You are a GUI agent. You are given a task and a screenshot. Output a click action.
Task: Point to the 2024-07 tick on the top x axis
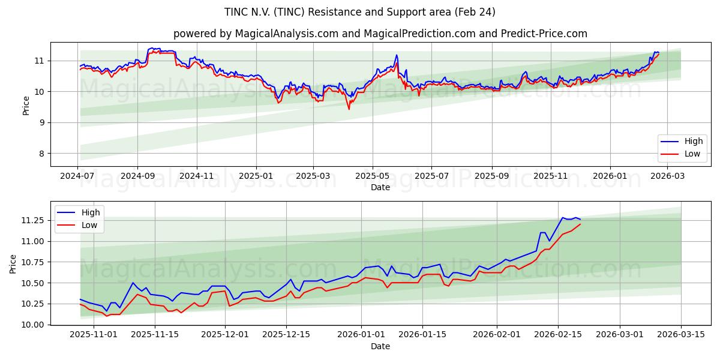(x=78, y=176)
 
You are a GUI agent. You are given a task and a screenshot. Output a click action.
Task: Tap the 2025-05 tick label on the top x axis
(x=373, y=176)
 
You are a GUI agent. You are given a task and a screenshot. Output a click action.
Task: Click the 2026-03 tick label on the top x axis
(x=667, y=176)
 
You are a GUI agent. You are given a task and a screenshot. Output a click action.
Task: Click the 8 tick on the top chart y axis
(x=41, y=154)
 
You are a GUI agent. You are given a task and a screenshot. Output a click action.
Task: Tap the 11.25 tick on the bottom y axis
(x=31, y=221)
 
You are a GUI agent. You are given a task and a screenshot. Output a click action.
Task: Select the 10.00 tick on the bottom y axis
(x=31, y=325)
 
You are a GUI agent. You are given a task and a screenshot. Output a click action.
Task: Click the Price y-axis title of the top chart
(x=26, y=104)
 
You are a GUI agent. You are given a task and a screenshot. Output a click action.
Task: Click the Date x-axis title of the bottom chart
(x=380, y=347)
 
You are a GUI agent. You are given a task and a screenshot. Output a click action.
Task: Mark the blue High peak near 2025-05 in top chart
(x=397, y=55)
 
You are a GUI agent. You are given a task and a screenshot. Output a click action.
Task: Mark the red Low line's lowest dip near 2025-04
(x=349, y=109)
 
